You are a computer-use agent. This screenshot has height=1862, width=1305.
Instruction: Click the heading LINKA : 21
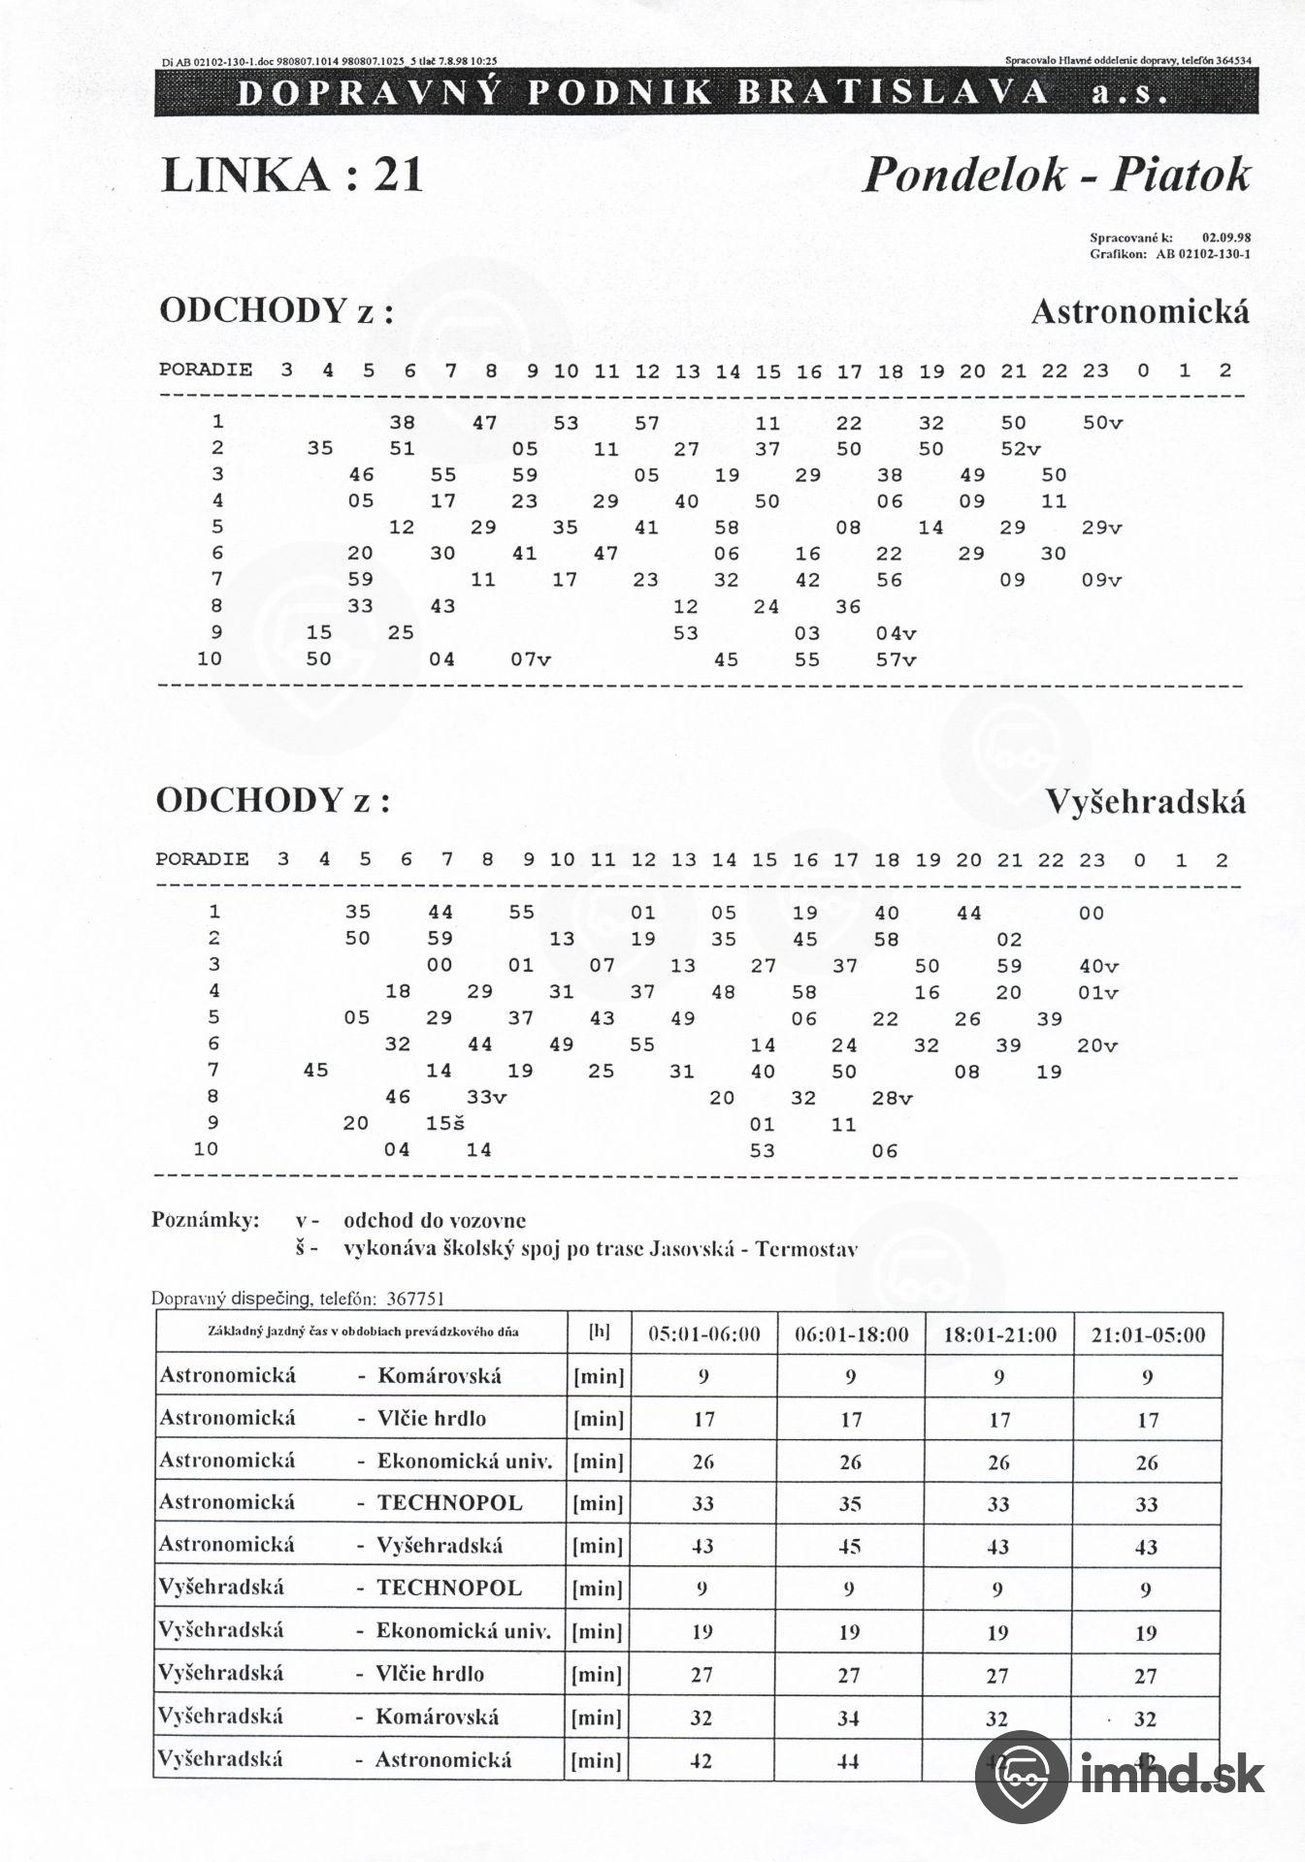click(292, 176)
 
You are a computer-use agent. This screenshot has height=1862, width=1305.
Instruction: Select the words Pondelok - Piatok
click(1056, 175)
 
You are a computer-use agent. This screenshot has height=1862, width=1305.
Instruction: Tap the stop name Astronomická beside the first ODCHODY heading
click(1140, 312)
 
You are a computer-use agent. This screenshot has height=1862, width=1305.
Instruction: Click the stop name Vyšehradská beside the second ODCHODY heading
click(1146, 802)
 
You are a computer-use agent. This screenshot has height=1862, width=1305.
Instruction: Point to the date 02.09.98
click(1225, 236)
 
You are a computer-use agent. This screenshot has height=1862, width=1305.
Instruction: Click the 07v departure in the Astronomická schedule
click(530, 659)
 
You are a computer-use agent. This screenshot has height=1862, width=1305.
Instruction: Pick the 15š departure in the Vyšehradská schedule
click(445, 1123)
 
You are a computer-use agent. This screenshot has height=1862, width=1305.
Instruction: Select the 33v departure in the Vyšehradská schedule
click(486, 1097)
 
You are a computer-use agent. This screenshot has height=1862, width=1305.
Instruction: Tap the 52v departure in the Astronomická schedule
click(1020, 449)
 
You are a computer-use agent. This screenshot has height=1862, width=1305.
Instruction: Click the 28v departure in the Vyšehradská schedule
click(892, 1098)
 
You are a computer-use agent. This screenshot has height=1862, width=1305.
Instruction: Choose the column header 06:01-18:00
click(851, 1335)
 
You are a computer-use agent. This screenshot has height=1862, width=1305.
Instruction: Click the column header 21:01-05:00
click(1148, 1335)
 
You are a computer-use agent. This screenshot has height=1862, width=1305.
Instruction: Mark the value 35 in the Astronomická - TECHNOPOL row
click(850, 1504)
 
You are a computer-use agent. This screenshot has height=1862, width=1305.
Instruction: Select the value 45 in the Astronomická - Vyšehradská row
click(850, 1547)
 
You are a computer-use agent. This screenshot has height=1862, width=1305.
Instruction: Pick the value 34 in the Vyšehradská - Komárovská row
click(849, 1718)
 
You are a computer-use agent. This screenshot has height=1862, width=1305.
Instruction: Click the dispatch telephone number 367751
click(415, 1299)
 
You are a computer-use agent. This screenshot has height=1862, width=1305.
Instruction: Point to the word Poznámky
click(205, 1220)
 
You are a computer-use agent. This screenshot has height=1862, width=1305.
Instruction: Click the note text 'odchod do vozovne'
click(435, 1220)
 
